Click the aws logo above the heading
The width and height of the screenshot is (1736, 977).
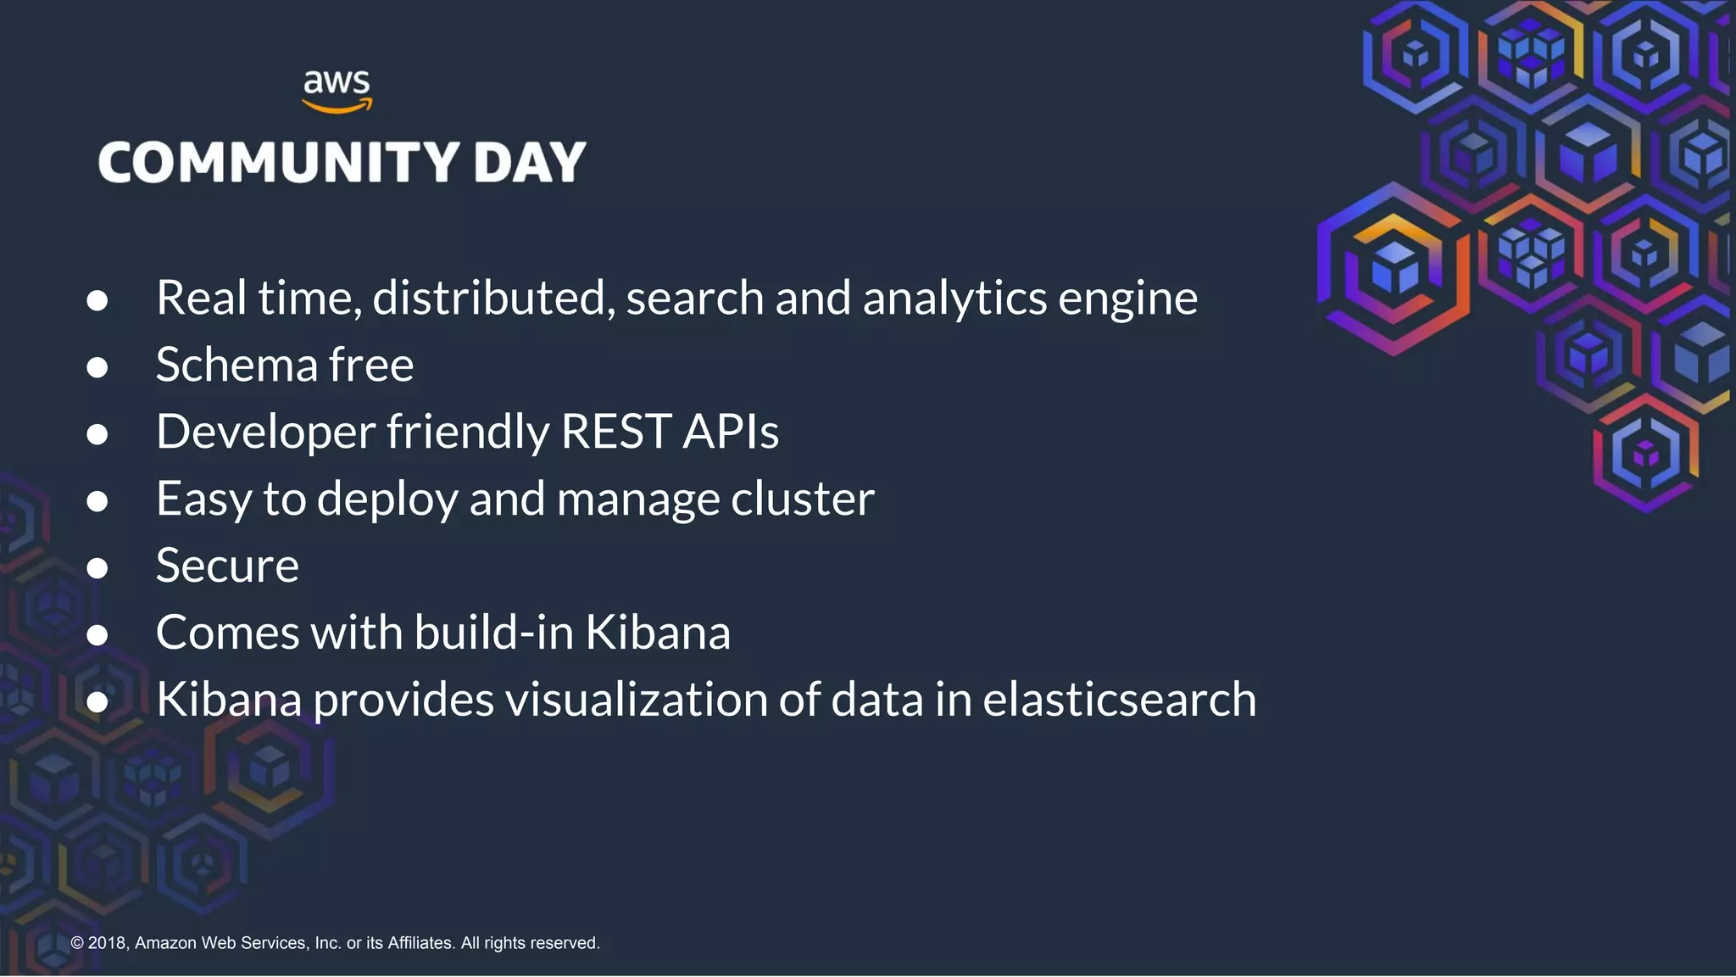337,90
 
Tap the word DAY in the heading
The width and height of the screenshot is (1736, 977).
530,162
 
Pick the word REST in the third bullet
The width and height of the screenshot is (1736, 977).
616,432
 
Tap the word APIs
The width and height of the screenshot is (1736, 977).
731,432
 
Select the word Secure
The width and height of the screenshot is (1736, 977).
227,566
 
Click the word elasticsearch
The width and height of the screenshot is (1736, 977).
1119,700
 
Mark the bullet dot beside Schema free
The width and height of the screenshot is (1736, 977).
97,367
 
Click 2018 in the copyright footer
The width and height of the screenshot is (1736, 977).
107,943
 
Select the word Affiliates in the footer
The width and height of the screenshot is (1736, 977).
420,943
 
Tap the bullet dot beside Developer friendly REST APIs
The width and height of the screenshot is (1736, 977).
97,434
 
